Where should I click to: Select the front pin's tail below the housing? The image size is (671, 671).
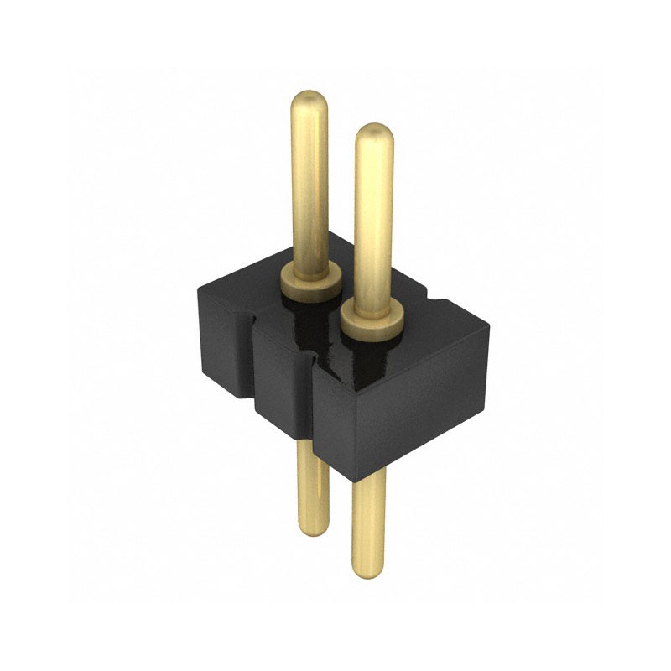(x=369, y=520)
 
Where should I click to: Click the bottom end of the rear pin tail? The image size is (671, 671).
(x=312, y=530)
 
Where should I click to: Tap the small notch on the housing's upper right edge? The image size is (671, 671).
(x=433, y=296)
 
